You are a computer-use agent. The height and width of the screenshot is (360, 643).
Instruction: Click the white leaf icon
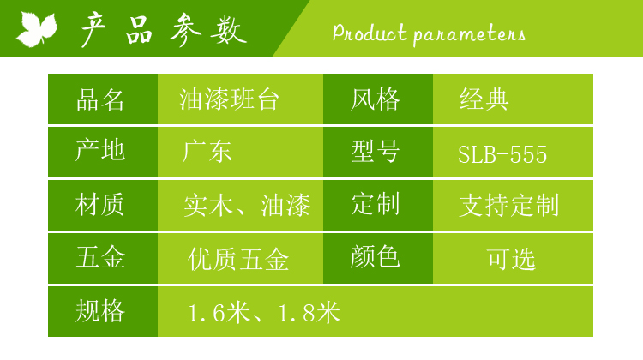(x=37, y=29)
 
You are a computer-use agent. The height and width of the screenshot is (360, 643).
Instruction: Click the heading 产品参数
(x=164, y=30)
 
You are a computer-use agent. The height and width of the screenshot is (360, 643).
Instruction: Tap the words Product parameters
(x=429, y=33)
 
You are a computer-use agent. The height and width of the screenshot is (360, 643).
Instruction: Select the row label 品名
(x=100, y=99)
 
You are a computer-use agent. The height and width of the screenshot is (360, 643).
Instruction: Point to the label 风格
(x=375, y=99)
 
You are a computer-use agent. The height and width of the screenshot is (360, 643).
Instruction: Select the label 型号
(x=375, y=152)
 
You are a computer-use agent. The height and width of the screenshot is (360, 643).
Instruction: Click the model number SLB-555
(x=502, y=154)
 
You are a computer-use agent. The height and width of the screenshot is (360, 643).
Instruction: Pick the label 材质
(x=99, y=205)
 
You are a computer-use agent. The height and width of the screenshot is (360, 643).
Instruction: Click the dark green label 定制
(x=376, y=204)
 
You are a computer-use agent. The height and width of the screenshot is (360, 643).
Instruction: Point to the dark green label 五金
(x=100, y=257)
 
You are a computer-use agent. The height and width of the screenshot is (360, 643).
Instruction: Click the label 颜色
(x=375, y=257)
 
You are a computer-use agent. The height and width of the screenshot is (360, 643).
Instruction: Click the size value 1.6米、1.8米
(x=264, y=313)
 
